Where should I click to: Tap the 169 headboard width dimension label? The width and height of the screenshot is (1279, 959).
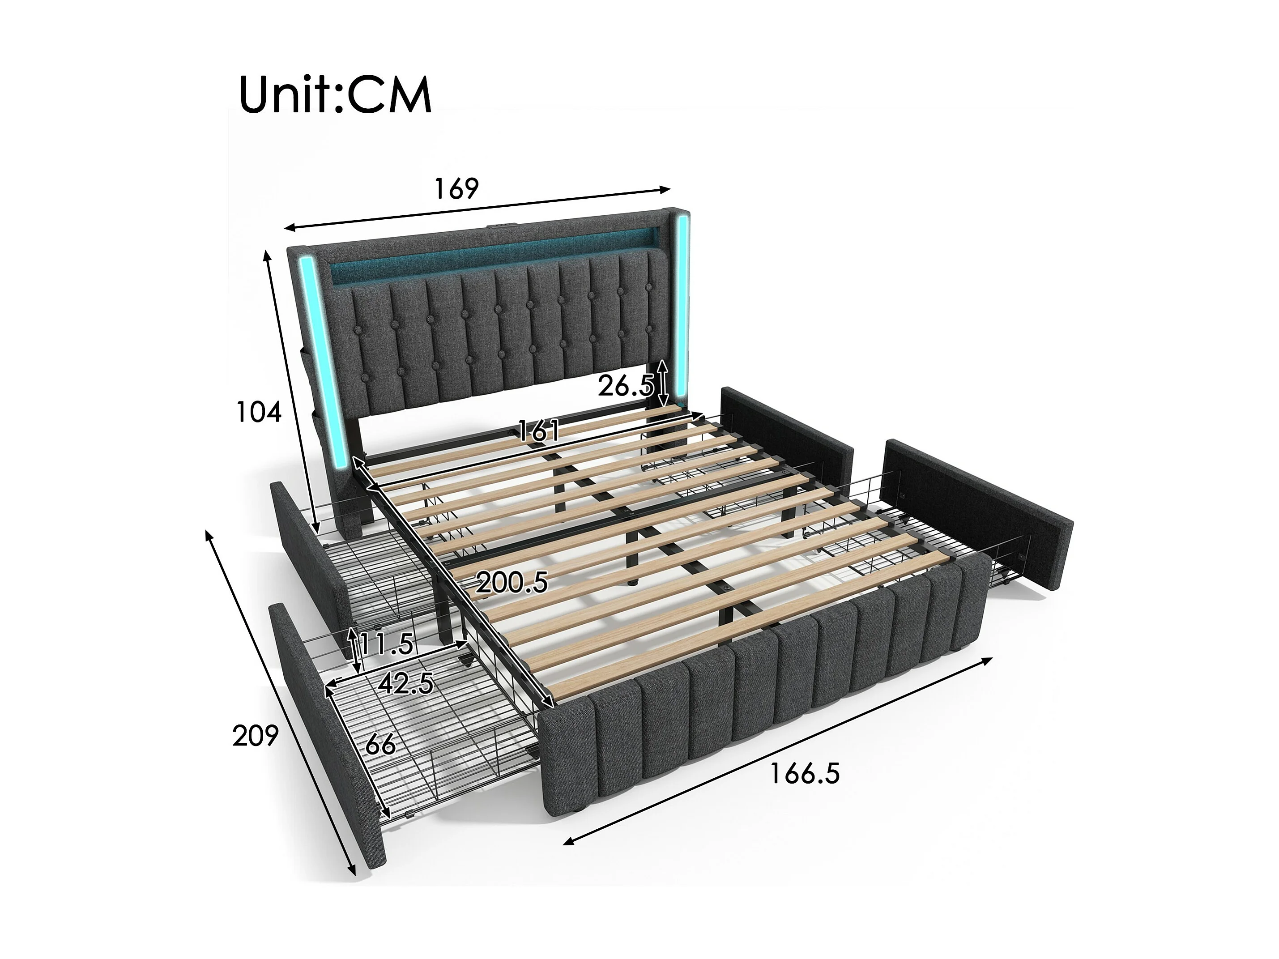456,189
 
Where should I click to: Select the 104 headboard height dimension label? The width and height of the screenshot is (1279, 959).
259,413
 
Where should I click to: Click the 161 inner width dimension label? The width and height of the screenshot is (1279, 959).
538,430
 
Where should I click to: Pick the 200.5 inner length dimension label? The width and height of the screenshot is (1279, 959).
512,583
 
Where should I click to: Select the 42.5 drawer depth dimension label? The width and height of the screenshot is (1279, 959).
406,684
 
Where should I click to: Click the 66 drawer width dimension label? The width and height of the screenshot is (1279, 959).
380,745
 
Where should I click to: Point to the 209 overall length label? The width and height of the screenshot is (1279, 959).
255,736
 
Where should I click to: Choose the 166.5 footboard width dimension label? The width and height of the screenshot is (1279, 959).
804,773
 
